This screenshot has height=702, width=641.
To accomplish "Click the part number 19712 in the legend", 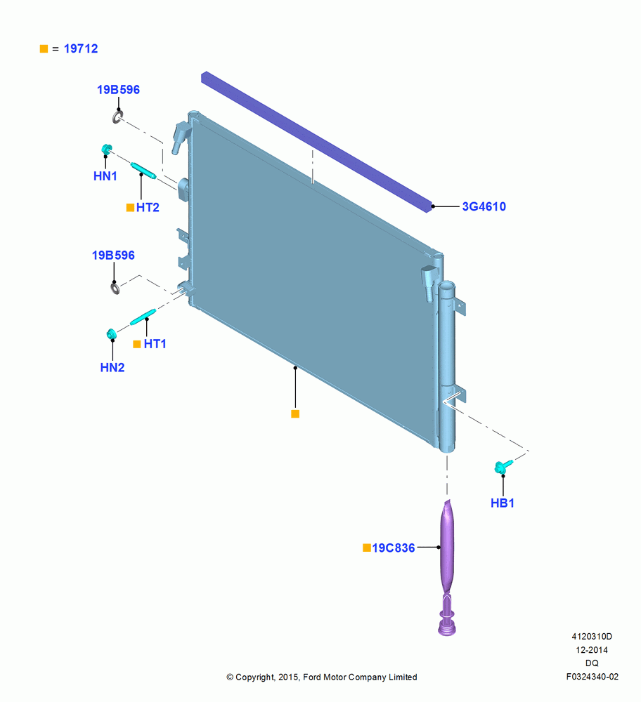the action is click(x=81, y=48).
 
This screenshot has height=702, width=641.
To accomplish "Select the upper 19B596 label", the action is click(x=118, y=90).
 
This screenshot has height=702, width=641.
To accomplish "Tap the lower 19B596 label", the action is click(x=113, y=256).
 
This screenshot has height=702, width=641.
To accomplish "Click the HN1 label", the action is click(x=105, y=176).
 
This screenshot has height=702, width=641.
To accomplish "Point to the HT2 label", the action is click(x=148, y=207).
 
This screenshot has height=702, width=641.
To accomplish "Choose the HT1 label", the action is click(x=155, y=344).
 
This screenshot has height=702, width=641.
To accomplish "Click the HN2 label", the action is click(x=112, y=368).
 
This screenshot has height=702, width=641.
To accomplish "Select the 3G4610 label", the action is click(x=484, y=206).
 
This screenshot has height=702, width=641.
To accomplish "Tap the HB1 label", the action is click(x=503, y=503).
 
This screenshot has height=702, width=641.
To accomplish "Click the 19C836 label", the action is click(x=394, y=548).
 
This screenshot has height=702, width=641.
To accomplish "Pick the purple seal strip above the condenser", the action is click(x=316, y=142).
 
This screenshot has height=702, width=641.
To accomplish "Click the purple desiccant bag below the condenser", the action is click(x=447, y=567).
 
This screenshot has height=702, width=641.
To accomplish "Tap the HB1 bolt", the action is click(x=503, y=467).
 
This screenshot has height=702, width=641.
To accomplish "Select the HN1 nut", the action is click(x=107, y=149).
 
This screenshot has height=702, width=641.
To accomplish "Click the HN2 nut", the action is click(x=112, y=334).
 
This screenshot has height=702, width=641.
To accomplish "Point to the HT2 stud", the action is click(x=143, y=171).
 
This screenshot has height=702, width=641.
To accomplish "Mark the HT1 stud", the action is click(x=143, y=317).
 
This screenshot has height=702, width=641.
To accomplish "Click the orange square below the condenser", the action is click(x=295, y=414).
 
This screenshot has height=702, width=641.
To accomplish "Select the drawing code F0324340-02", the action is click(x=592, y=677).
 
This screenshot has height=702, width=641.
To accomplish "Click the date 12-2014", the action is click(x=592, y=649).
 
